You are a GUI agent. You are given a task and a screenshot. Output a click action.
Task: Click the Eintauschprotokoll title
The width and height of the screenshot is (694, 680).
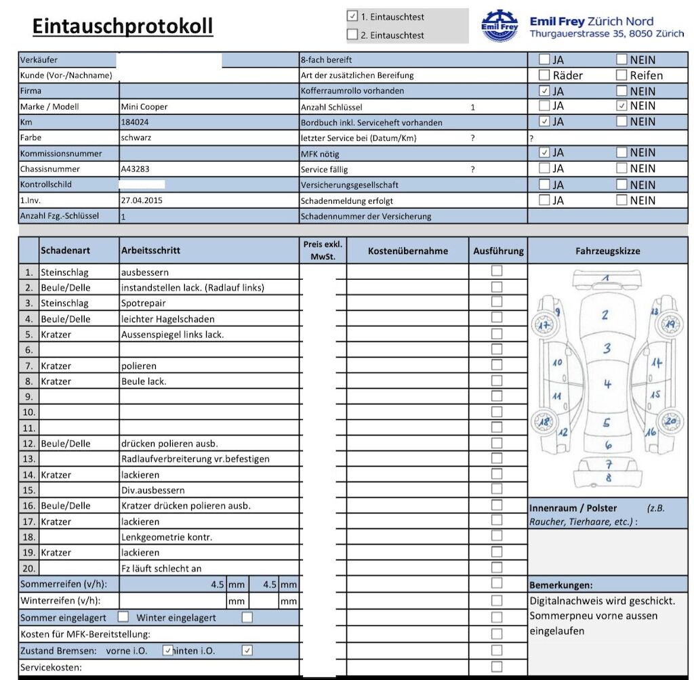point(123,26)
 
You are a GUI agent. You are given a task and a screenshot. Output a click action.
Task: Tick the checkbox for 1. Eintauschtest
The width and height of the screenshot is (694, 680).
point(352,16)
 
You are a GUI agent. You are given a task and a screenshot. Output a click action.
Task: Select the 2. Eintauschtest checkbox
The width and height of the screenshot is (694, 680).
point(352,35)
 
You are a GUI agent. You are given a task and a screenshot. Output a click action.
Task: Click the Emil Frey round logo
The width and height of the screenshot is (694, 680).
point(499,26)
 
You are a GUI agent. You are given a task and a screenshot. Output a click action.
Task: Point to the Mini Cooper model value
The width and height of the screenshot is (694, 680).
point(144,106)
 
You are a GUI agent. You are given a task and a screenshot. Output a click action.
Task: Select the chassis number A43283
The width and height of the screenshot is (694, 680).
point(136,169)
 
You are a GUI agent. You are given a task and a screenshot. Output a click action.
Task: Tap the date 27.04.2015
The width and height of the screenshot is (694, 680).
point(142,200)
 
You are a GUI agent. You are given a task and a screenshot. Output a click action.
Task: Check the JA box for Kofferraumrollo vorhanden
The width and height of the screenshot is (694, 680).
point(544,91)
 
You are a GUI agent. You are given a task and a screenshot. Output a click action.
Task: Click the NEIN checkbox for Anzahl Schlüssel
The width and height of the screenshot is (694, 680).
point(622,106)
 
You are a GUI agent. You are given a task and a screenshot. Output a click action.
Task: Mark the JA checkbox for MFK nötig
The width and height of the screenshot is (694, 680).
point(544,152)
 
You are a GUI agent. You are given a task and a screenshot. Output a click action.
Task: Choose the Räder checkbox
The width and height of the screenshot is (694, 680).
point(544,75)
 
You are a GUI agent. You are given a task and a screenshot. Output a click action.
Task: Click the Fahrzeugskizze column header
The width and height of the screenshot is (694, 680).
point(607,251)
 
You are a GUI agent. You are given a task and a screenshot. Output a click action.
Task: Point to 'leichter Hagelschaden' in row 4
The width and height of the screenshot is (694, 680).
point(167,319)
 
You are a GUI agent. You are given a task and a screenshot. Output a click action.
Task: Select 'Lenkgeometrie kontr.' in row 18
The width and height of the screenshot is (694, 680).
point(167,537)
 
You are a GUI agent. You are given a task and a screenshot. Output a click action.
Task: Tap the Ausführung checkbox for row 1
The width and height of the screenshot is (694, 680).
point(497,271)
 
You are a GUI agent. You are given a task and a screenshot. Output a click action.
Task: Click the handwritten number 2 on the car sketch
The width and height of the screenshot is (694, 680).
point(605,314)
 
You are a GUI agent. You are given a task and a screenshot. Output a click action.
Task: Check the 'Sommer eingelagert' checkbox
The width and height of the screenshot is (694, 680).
point(123,617)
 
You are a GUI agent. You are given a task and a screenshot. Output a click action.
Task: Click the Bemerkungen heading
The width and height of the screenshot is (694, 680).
point(560,585)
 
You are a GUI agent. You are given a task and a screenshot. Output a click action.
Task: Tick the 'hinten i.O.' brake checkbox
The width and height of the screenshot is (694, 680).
point(247,650)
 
